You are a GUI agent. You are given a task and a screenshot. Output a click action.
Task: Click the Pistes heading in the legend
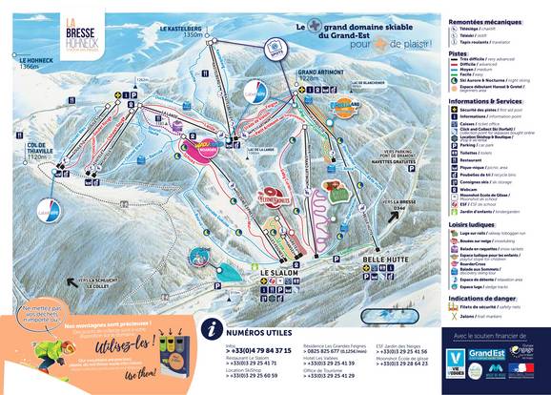point(462,54)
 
